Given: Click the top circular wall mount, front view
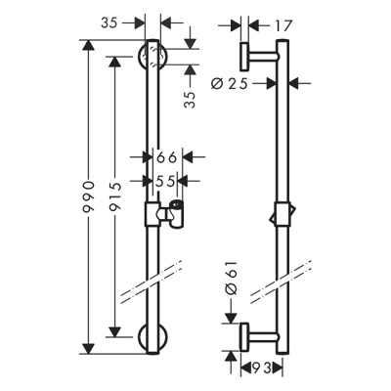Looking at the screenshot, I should pos(152,58).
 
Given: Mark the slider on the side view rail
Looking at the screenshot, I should pos(282,214).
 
